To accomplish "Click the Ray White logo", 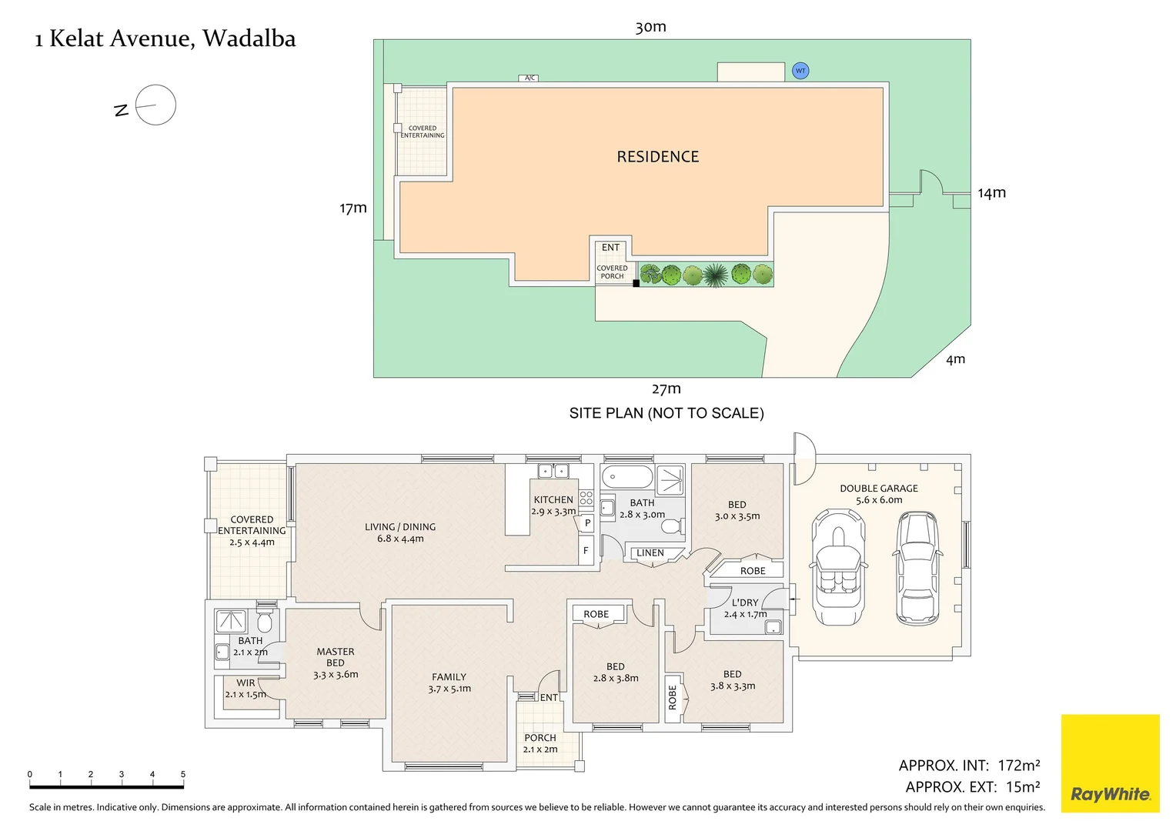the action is point(1110,763).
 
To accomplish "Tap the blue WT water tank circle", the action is point(800,71).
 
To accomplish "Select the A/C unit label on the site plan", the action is point(530,78).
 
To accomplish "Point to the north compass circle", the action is point(155,105).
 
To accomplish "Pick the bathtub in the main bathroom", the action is point(626,477).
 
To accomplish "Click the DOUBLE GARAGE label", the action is point(878,489).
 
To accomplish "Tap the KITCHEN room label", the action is point(553,500).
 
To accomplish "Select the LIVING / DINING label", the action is point(400,527).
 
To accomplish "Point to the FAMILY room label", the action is point(449,677).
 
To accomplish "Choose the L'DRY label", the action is point(745,602).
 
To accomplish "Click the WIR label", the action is point(246,682).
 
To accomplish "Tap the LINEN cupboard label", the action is point(650,552).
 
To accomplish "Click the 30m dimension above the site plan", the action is point(650,27).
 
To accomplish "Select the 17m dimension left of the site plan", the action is point(353,208).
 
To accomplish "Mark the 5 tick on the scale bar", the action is point(182,774).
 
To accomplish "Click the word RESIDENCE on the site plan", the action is point(658,157).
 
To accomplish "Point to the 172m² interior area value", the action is point(1018,766).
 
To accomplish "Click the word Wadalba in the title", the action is point(249,38).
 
